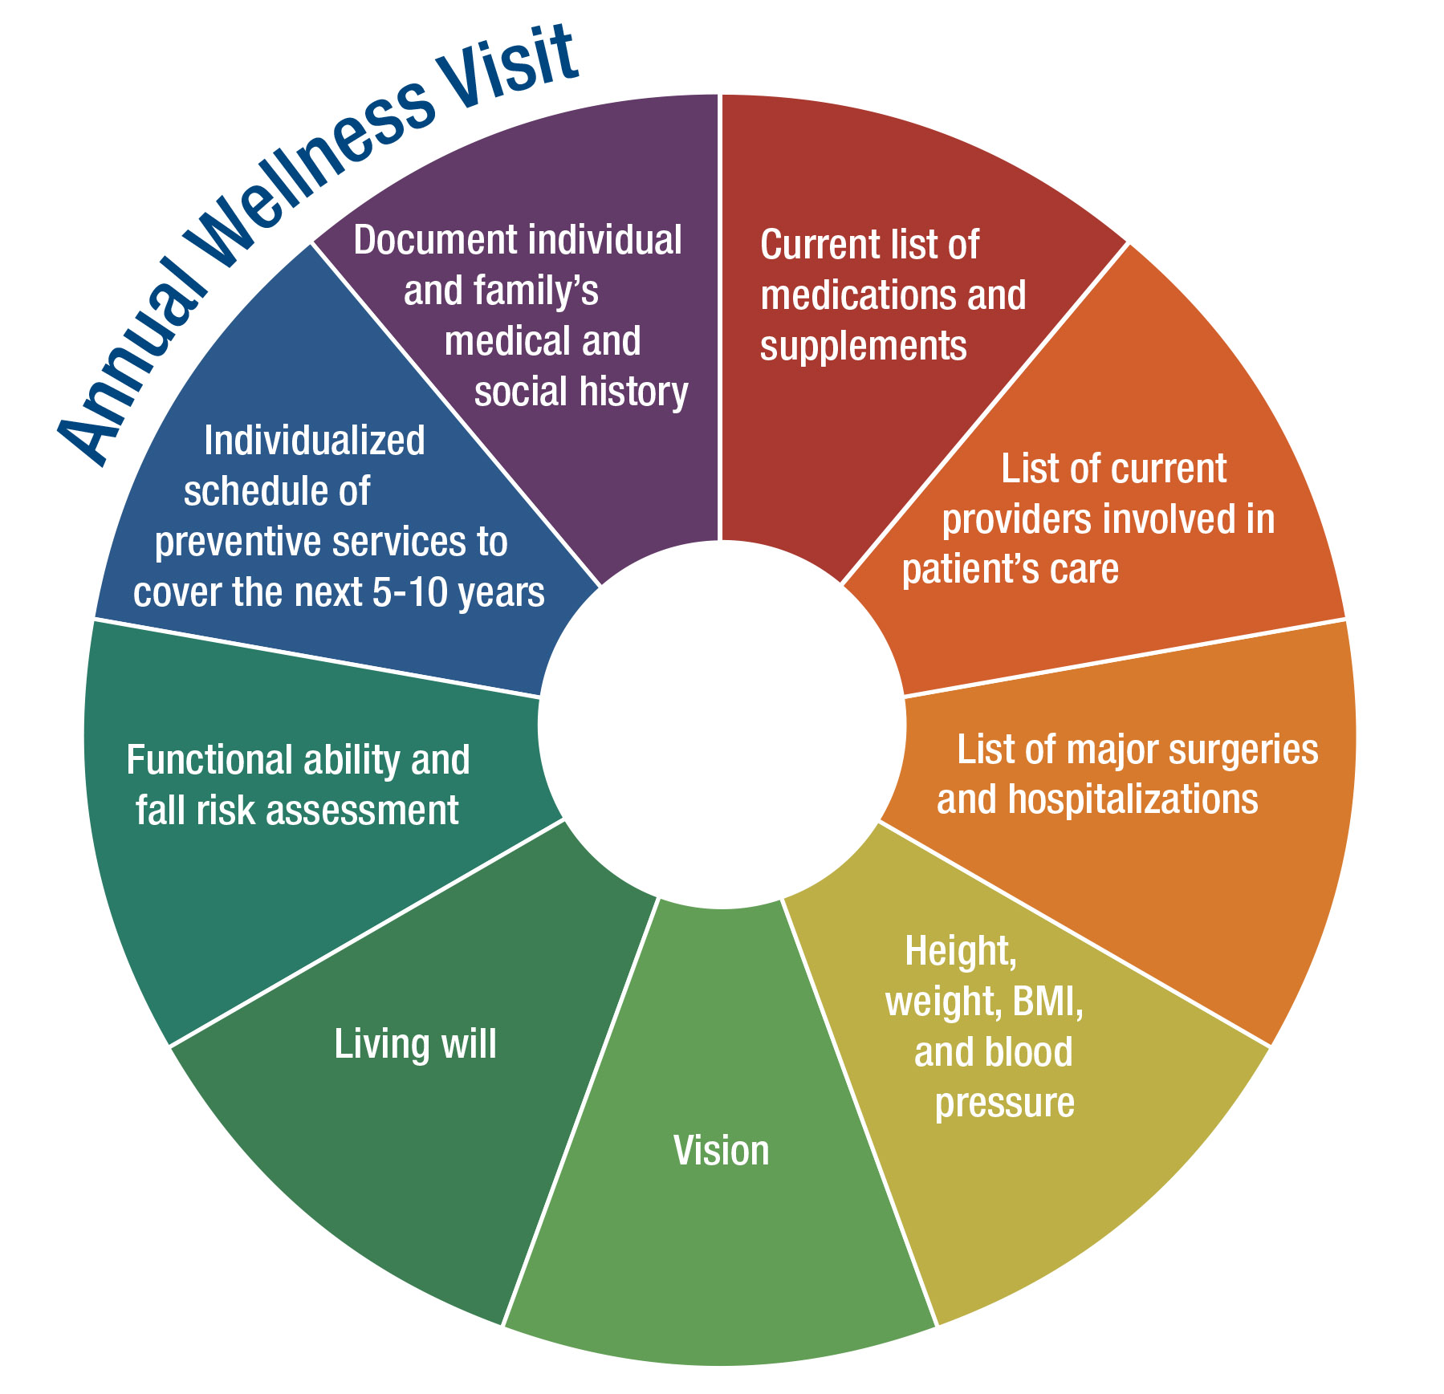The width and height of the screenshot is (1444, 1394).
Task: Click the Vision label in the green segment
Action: tap(721, 1151)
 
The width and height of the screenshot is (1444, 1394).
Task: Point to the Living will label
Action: tap(415, 1044)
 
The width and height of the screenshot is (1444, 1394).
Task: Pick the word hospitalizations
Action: tap(1133, 799)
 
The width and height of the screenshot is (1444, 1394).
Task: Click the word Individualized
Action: tap(314, 441)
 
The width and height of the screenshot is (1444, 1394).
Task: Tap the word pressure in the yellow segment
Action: tap(1004, 1103)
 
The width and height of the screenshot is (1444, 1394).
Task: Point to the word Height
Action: tap(960, 952)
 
